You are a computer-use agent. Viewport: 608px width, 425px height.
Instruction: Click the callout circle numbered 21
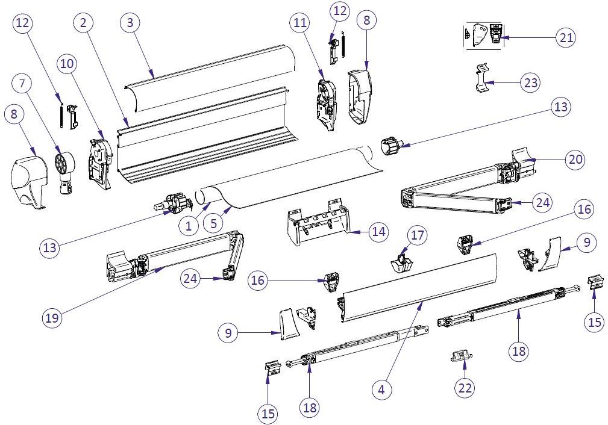point(565,37)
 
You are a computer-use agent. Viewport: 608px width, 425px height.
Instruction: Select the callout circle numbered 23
point(530,83)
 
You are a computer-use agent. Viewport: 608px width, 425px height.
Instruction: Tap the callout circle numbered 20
point(575,160)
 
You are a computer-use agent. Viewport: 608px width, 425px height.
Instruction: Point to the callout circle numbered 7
point(22,83)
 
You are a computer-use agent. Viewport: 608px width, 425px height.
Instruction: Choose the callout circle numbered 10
point(67,63)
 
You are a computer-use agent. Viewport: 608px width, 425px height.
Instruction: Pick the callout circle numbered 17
point(417,234)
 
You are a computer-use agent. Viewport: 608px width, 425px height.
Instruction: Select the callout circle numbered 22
point(465,387)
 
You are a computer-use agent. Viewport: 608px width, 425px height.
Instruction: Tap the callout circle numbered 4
point(381,389)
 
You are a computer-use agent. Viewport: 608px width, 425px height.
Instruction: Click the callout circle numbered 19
point(52,317)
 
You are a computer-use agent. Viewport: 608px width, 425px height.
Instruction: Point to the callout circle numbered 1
point(189,226)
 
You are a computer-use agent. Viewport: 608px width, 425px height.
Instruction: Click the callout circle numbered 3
point(130,23)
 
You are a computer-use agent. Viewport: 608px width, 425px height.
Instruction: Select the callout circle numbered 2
point(84,23)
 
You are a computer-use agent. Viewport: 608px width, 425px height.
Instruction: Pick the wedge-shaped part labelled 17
point(400,262)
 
